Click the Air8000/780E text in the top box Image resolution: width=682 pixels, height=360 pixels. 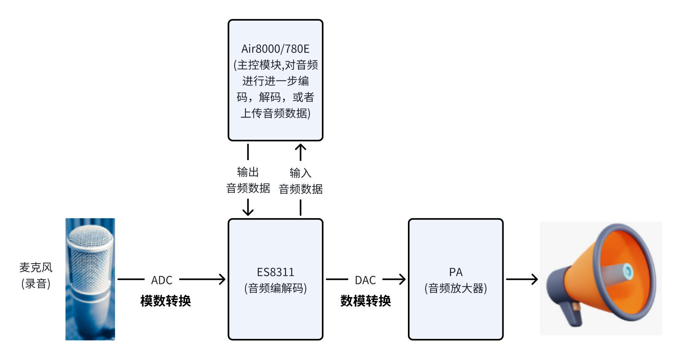coord(275,49)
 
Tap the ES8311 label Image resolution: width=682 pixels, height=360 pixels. coord(275,272)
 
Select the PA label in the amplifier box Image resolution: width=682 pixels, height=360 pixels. coord(456,272)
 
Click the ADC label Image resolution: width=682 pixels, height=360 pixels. coord(162,280)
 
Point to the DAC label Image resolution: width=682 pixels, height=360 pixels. coord(365,280)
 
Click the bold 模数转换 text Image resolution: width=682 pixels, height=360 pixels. coord(165,301)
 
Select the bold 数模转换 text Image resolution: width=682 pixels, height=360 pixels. coord(365,301)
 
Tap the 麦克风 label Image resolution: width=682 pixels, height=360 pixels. coord(36,267)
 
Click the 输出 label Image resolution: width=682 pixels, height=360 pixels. coord(248,172)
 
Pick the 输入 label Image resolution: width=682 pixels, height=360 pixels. coord(300,173)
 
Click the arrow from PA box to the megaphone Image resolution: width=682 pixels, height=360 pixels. coord(522,280)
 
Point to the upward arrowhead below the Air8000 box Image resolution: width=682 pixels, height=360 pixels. coord(300,148)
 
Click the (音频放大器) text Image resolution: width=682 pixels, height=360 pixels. coord(456,288)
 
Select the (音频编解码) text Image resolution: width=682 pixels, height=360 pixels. coord(275,288)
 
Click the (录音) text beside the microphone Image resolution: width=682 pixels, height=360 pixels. coord(36,284)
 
